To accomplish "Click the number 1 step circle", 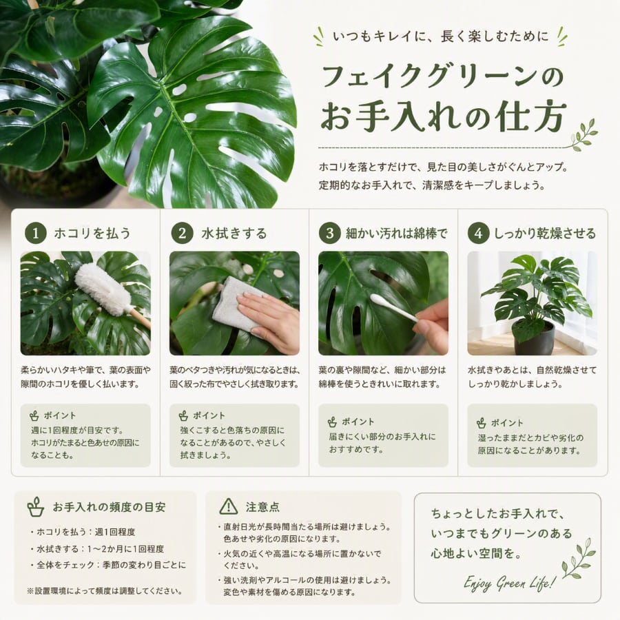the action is pos(36,233).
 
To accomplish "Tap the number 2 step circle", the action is pos(183,233).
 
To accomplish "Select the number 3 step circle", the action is pos(330,233).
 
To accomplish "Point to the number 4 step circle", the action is pos(479,233).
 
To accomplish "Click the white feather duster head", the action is pos(102,289).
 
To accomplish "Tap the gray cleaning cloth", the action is pos(237,304).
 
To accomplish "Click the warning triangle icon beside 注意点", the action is pos(229,506).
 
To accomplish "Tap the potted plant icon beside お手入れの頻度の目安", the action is pos(36,507).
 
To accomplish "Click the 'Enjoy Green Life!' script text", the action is pos(510,582).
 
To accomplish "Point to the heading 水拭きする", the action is pos(234,234).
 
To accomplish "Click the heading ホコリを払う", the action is pos(92,234).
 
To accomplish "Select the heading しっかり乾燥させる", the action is pos(545,234).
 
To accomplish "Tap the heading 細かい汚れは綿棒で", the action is pos(397,234).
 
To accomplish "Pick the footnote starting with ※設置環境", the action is pos(105,591).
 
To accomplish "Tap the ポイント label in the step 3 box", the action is pos(358,422).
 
